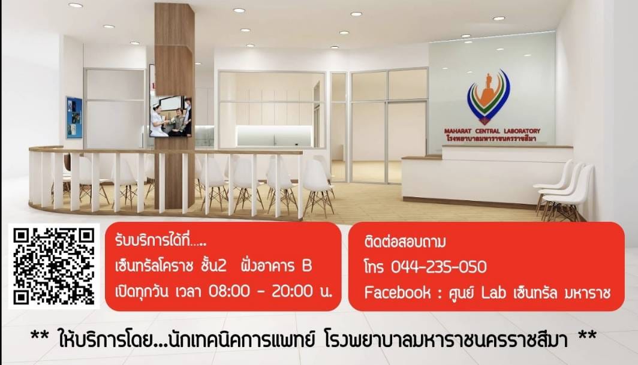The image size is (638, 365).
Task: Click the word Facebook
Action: click(397, 292)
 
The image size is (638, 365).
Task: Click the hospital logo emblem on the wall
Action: click(489, 96)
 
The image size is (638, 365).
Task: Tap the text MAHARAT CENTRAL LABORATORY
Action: click(492, 131)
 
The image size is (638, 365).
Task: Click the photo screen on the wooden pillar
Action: click(170, 117)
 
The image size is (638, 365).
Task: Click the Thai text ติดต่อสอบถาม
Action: click(405, 242)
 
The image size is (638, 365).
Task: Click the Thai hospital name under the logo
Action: click(492, 138)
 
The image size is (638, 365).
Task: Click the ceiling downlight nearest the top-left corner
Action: click(75, 5)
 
